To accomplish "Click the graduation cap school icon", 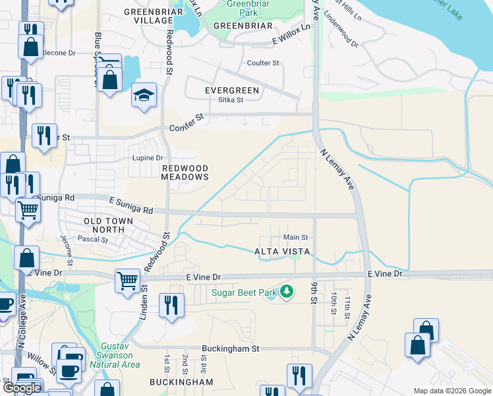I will (144, 96).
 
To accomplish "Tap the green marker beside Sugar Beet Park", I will (286, 291).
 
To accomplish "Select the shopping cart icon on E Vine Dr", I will (127, 280).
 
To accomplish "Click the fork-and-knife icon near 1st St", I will (171, 306).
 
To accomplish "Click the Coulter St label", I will (263, 63).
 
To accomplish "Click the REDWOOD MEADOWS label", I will (185, 173).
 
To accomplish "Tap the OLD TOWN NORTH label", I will (108, 225).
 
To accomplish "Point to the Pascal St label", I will (92, 240).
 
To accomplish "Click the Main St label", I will (295, 237).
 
